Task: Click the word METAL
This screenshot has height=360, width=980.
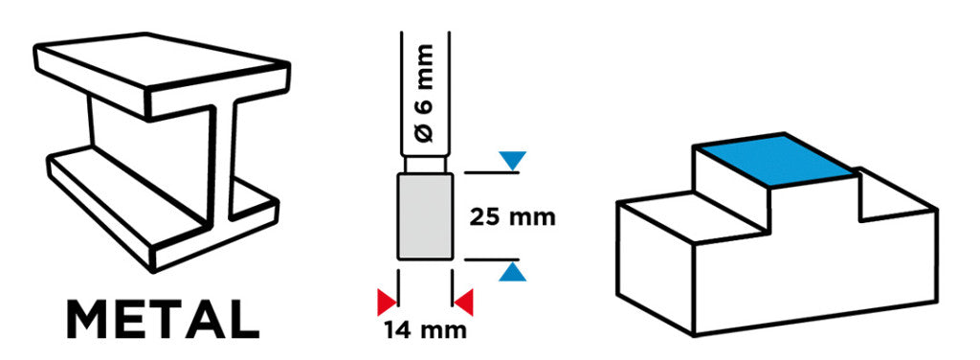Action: coord(163,320)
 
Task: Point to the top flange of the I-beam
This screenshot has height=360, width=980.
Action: coord(162,75)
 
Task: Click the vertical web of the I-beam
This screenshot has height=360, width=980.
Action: coord(156,159)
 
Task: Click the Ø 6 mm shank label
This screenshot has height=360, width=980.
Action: coord(425,93)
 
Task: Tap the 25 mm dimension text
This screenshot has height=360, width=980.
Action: coord(512,217)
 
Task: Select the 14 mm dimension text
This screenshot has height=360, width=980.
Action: coord(425,329)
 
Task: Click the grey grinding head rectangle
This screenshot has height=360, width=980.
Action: coord(425,216)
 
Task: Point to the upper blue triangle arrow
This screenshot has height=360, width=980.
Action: coord(513,159)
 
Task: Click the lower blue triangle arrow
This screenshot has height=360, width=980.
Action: coord(513,273)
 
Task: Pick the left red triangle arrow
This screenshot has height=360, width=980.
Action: coord(387,302)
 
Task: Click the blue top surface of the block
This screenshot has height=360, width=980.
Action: coord(775,159)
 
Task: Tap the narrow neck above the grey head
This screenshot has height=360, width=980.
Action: coord(425,165)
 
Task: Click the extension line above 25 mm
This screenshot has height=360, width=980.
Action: coord(491,172)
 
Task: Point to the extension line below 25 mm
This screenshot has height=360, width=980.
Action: coord(491,259)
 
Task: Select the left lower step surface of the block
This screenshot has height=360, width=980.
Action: coord(694,217)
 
